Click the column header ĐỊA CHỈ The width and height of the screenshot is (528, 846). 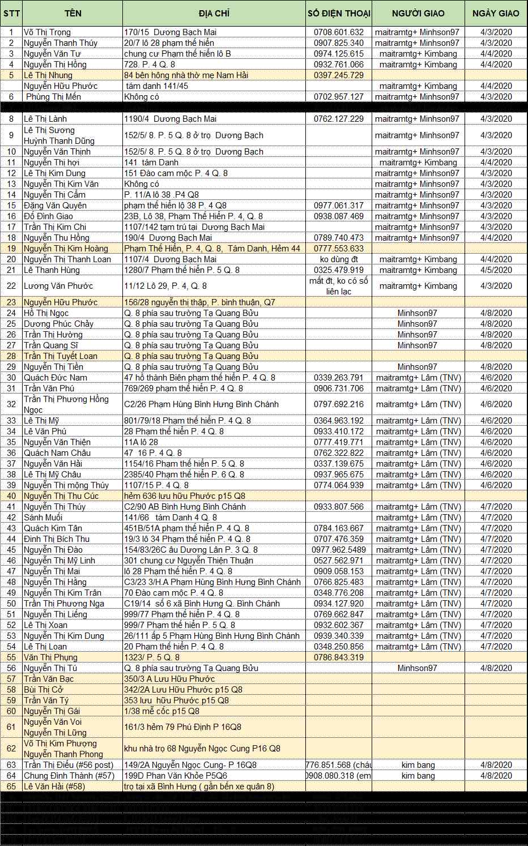tap(214, 13)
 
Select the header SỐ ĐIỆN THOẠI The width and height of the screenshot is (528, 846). tap(339, 13)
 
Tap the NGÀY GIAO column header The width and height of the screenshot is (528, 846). tap(496, 13)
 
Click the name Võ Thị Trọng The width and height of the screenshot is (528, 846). tap(48, 32)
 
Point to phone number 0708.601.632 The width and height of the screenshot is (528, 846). tap(339, 32)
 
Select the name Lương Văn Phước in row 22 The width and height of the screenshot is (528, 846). tap(58, 286)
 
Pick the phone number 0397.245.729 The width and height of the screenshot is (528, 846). tap(339, 75)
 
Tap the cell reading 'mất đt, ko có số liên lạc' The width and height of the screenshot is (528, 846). tap(339, 286)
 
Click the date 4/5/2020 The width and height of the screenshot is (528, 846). tap(496, 270)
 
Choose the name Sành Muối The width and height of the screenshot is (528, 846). tap(43, 518)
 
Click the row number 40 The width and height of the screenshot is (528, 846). tap(11, 496)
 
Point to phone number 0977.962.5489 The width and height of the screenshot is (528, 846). tap(339, 550)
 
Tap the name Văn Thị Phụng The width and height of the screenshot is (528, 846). tap(50, 657)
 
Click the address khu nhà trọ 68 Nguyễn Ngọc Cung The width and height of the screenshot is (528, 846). tap(202, 749)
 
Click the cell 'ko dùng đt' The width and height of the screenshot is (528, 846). tap(339, 259)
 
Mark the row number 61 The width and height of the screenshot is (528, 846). tap(11, 727)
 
